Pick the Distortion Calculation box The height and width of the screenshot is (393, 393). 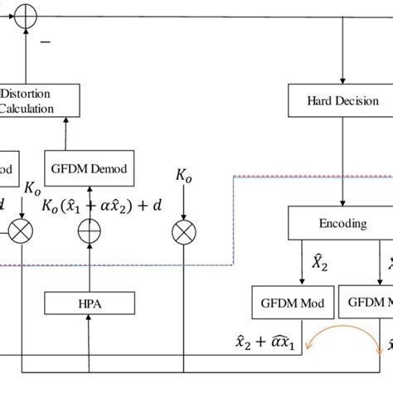pos(40,100)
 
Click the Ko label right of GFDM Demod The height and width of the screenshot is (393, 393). pos(182,176)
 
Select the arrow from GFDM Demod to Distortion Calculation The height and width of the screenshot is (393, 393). pos(65,134)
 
